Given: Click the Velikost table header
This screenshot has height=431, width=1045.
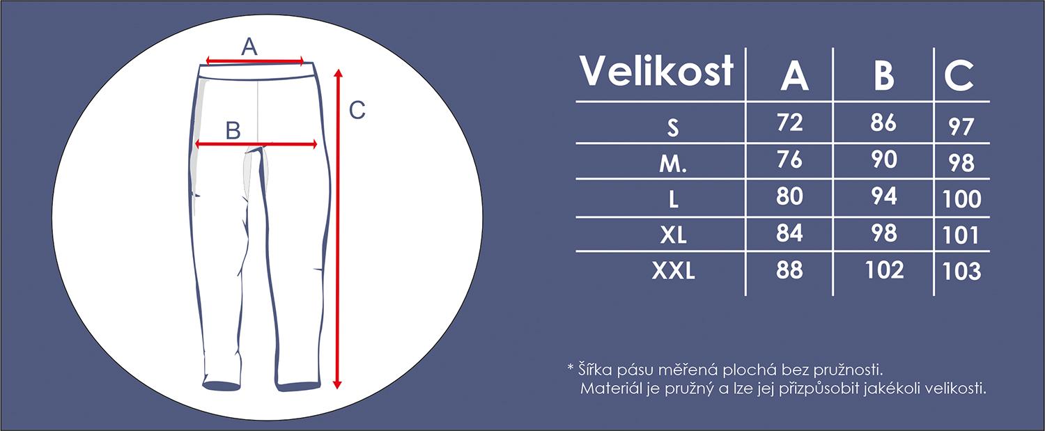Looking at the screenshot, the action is [x=656, y=70].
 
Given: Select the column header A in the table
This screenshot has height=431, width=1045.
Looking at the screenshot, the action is [x=794, y=76].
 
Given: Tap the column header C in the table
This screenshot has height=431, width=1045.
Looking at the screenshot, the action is [x=959, y=76].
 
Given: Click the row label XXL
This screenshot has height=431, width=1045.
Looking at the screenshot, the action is [x=673, y=271].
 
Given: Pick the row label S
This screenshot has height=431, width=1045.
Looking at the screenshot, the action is [x=673, y=127].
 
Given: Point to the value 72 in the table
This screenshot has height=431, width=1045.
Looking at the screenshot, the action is [x=790, y=123].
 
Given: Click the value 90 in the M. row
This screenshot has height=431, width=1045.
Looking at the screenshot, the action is [x=884, y=159].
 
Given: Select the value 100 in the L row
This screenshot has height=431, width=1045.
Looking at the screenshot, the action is [x=962, y=199].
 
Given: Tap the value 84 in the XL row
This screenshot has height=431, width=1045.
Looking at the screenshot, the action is [x=789, y=233].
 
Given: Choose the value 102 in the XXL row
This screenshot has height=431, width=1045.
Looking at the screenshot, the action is [x=885, y=270].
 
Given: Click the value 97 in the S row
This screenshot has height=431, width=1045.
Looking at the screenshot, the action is [x=961, y=127].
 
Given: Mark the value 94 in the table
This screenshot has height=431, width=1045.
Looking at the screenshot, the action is [x=884, y=196].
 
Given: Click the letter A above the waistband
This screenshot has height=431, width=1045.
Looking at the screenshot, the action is [x=249, y=47].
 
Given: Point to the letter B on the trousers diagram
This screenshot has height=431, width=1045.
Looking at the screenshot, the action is [x=233, y=131].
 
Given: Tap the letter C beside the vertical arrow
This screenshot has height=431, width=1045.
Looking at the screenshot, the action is [x=357, y=111].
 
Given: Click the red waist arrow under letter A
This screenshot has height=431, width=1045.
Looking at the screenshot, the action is [x=255, y=61].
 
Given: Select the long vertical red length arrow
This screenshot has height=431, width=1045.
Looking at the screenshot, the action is [x=338, y=229].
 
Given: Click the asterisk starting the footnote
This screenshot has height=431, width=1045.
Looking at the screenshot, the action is [x=570, y=367].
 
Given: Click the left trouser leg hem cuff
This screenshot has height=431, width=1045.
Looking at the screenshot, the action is [x=221, y=385].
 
